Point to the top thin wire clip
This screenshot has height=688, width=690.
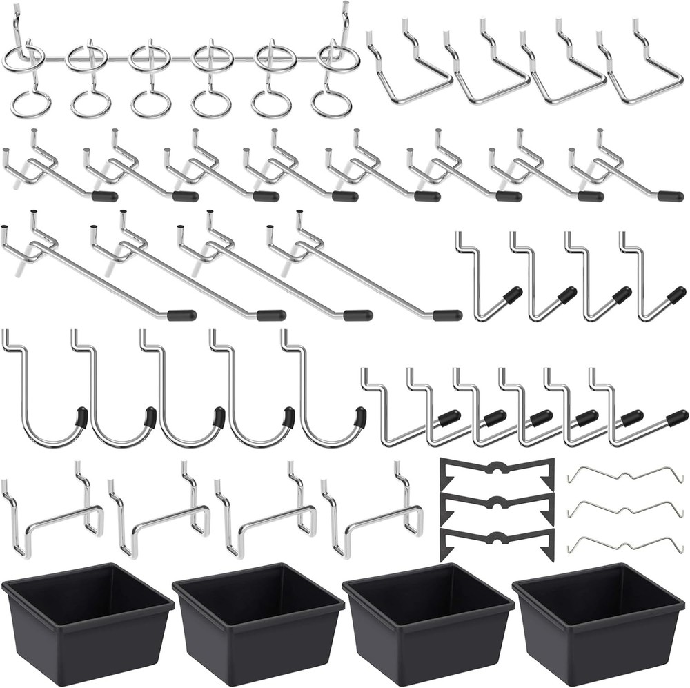click(624, 475)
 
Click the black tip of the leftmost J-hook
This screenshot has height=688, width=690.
click(82, 417)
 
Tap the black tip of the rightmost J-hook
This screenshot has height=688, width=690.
click(359, 417)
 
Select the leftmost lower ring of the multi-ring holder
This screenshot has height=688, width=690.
click(30, 104)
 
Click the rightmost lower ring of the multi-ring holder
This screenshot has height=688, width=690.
click(331, 104)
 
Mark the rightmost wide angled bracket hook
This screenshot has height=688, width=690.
click(638, 69)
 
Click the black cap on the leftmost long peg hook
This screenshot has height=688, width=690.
click(181, 315)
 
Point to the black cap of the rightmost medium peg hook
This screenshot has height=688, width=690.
click(670, 196)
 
